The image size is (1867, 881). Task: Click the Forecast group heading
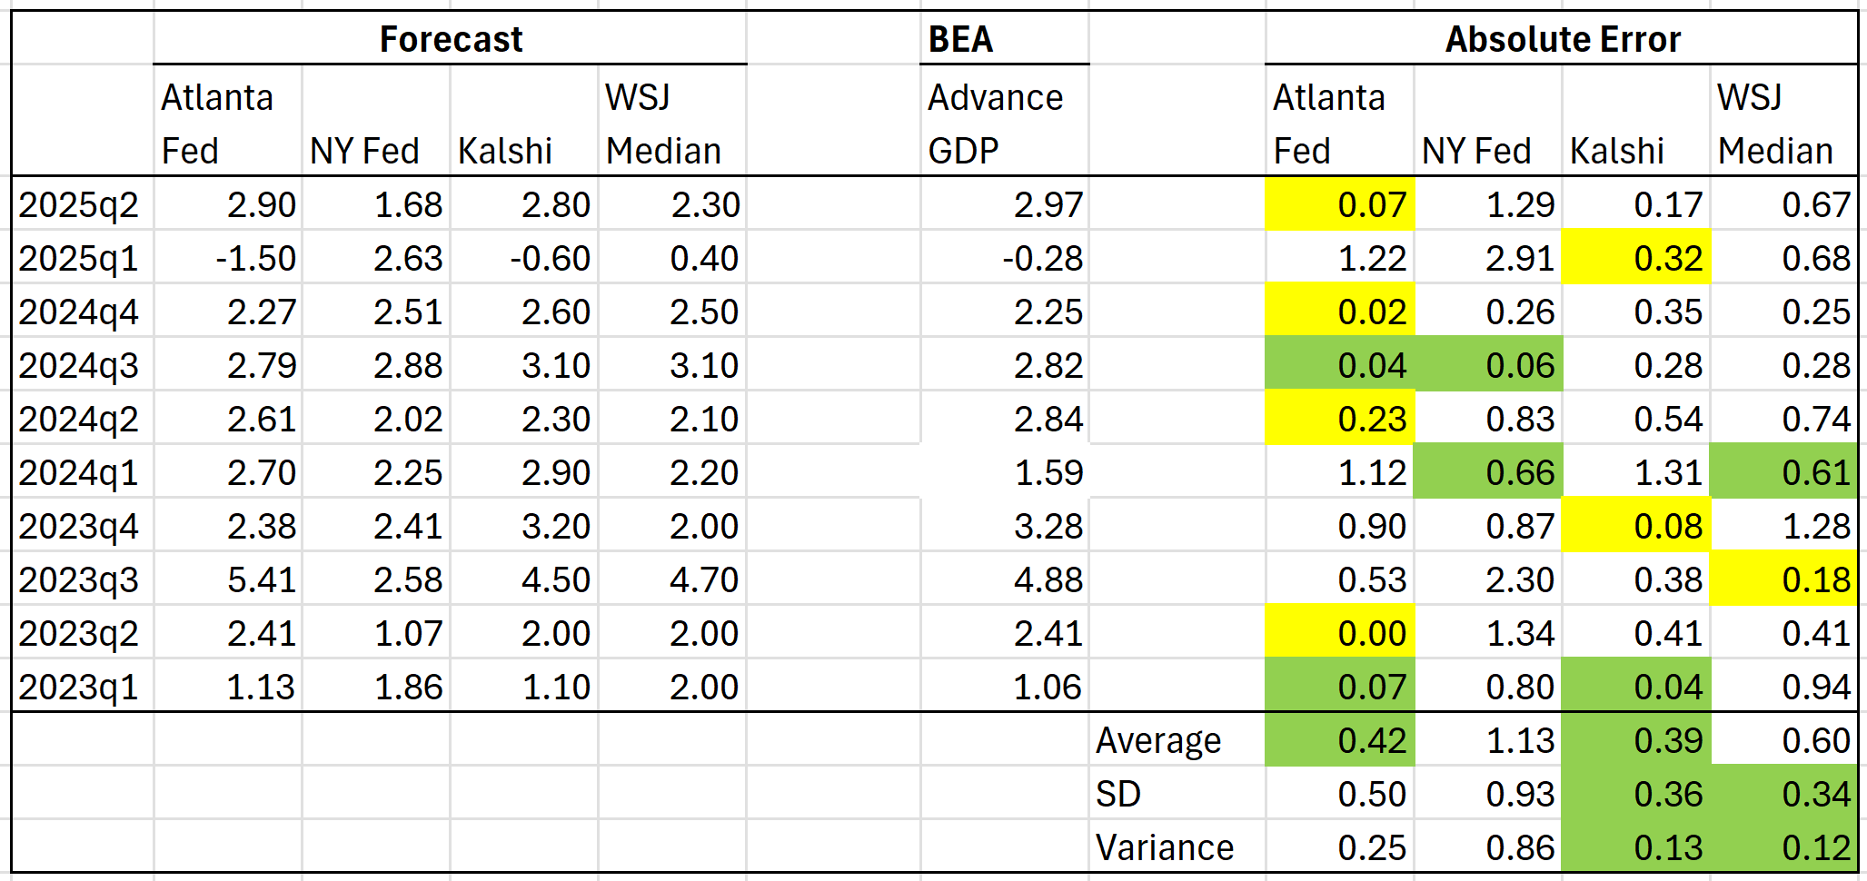pyautogui.click(x=451, y=39)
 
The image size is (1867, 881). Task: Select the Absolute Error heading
pyautogui.click(x=1562, y=39)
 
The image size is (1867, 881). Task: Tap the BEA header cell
pyautogui.click(x=960, y=39)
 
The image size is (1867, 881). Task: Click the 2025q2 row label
pyautogui.click(x=79, y=205)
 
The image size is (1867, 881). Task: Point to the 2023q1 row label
pyautogui.click(x=79, y=687)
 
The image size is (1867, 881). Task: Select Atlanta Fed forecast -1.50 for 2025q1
pyautogui.click(x=255, y=259)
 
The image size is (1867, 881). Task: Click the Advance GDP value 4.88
pyautogui.click(x=1048, y=579)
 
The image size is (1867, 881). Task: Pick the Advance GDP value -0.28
pyautogui.click(x=1042, y=259)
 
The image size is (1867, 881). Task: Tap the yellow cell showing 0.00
pyautogui.click(x=1371, y=633)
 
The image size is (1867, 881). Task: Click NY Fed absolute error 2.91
pyautogui.click(x=1519, y=259)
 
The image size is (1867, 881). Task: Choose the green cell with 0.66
pyautogui.click(x=1519, y=472)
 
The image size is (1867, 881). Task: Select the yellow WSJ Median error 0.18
pyautogui.click(x=1815, y=579)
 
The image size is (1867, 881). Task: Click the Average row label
pyautogui.click(x=1157, y=740)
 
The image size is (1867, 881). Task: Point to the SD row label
pyautogui.click(x=1117, y=794)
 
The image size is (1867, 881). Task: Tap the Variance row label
pyautogui.click(x=1164, y=847)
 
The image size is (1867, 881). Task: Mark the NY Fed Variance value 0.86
pyautogui.click(x=1519, y=847)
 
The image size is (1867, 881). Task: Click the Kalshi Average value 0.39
pyautogui.click(x=1667, y=740)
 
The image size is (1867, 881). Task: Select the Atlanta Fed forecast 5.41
pyautogui.click(x=262, y=579)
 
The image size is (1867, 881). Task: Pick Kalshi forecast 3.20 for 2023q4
pyautogui.click(x=555, y=526)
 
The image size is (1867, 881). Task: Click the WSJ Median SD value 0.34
pyautogui.click(x=1815, y=794)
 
